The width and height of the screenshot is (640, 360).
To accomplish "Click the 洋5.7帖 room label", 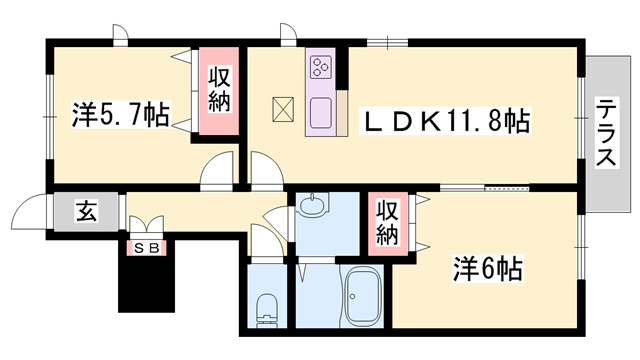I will [119, 115].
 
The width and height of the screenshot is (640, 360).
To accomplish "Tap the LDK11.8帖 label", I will [445, 122].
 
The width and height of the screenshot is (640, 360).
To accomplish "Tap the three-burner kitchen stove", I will [322, 67].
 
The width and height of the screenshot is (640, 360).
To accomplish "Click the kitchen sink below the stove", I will [322, 111].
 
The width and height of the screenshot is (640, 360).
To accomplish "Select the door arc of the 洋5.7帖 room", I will [217, 174].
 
